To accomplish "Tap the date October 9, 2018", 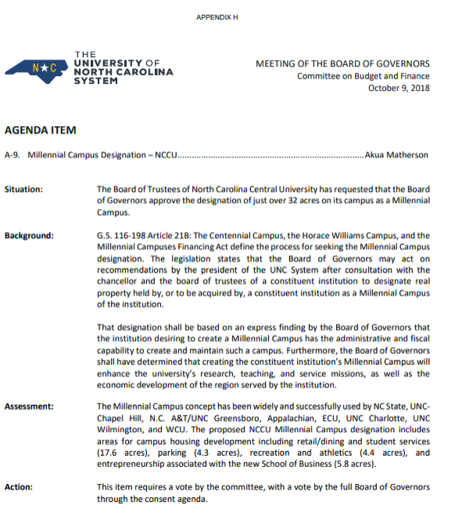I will click(x=399, y=89).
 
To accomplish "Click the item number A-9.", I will click(x=13, y=155).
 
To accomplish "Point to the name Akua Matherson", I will click(x=397, y=155).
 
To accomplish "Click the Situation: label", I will click(x=23, y=190).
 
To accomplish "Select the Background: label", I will click(x=29, y=236).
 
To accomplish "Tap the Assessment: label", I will click(x=29, y=407).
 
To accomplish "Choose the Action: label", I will click(x=19, y=487).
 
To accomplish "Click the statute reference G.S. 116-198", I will click(x=121, y=236).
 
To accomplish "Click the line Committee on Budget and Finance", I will click(x=363, y=76).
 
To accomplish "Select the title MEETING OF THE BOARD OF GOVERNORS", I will click(x=342, y=63).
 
